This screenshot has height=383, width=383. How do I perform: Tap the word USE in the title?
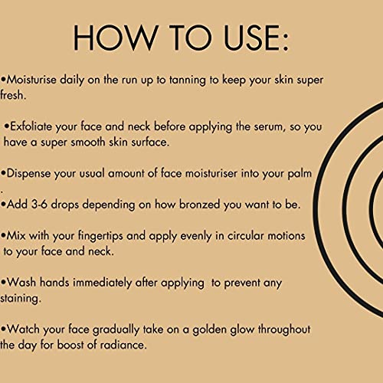256,38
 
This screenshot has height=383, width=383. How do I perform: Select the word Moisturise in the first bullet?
31,80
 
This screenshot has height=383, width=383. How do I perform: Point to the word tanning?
188,80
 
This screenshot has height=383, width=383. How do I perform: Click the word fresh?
13,95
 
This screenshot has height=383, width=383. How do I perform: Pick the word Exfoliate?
31,126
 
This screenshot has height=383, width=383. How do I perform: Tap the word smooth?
88,142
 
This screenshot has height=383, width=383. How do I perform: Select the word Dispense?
28,174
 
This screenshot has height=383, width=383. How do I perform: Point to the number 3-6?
39,205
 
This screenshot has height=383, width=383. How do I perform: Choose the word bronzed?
199,205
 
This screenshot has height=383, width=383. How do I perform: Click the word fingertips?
100,236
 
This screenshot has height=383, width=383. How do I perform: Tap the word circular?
245,236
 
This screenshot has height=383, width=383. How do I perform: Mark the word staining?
21,299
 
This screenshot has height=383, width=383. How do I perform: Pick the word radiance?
123,345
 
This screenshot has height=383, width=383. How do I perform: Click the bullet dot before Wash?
3,283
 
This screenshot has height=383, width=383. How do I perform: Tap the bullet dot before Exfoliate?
7,126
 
